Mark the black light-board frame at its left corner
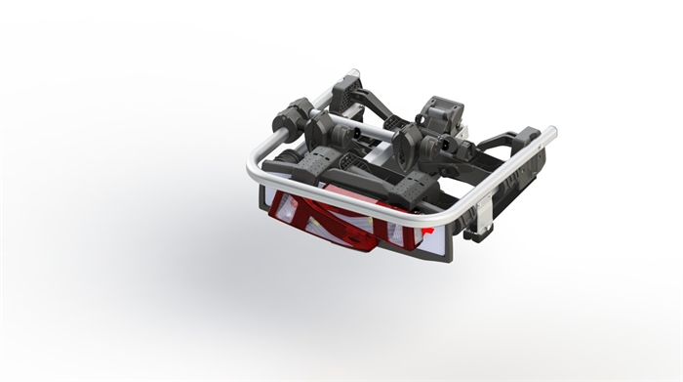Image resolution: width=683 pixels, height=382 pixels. tap(264, 209)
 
